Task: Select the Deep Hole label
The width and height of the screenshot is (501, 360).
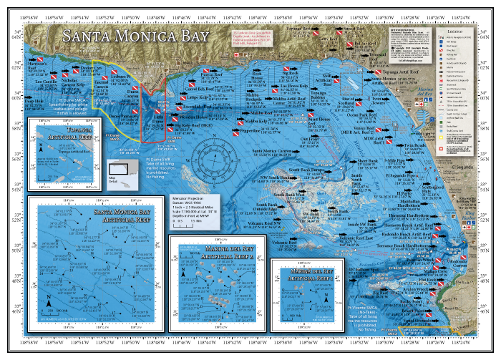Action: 34,102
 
